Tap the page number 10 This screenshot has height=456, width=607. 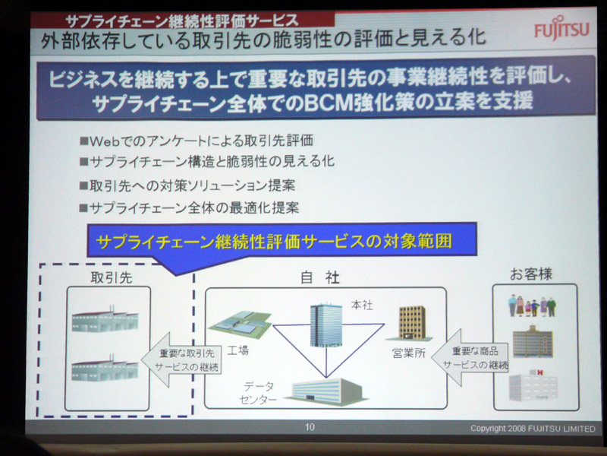[310, 427]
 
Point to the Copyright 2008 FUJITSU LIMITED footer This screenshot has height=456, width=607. [533, 429]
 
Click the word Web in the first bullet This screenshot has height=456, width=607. [104, 141]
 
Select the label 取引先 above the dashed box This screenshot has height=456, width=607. [111, 277]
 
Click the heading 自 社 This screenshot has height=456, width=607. [319, 277]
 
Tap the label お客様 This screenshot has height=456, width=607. [530, 274]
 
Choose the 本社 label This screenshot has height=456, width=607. [362, 306]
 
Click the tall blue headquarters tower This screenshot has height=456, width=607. [326, 325]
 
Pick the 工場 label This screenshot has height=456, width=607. [237, 350]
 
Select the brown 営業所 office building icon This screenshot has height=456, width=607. [412, 323]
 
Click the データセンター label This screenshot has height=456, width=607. [258, 393]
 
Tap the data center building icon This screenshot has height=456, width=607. [326, 391]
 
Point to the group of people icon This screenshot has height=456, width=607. [532, 306]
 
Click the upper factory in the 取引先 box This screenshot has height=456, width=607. [105, 319]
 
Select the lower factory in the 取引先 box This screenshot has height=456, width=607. [105, 368]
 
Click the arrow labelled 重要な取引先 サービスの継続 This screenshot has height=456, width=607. [181, 359]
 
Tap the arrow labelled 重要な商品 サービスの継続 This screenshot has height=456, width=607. [470, 357]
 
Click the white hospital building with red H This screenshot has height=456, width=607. [533, 385]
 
